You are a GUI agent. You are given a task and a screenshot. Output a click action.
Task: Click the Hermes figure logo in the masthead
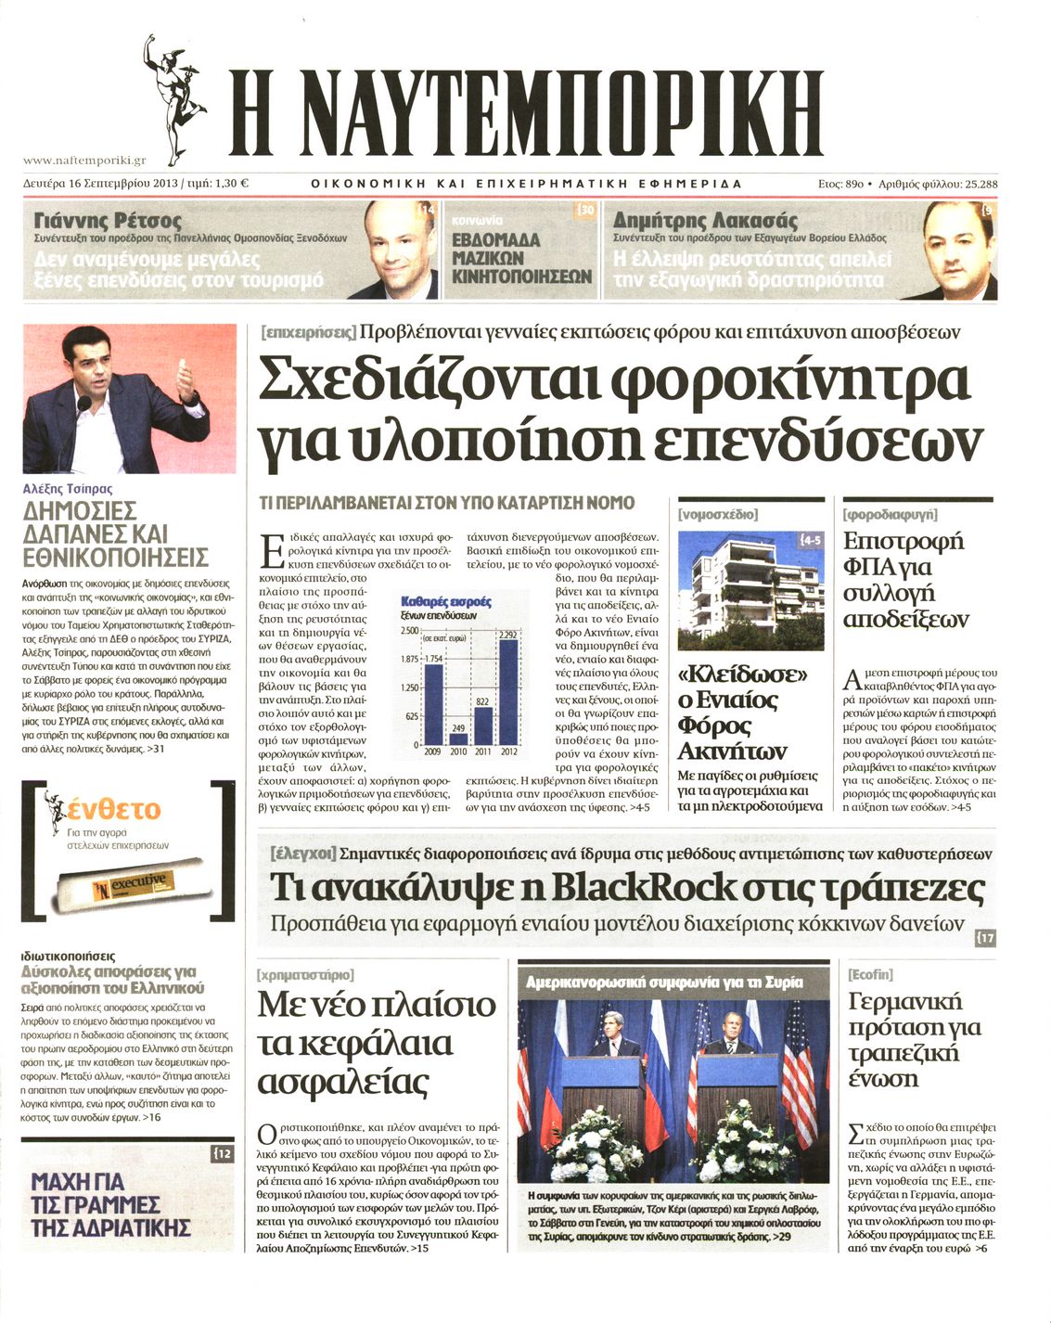coord(175,98)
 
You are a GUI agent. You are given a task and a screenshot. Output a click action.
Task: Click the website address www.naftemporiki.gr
coord(83,161)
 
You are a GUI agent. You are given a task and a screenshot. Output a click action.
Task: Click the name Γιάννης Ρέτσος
coord(108,221)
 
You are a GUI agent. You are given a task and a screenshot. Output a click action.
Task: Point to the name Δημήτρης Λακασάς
coord(705,221)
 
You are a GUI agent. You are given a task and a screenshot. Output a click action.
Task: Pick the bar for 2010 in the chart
coord(457,739)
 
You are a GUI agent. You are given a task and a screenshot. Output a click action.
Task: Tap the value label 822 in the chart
coord(482,702)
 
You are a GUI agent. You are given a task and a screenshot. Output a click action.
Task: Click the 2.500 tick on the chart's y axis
coord(409,631)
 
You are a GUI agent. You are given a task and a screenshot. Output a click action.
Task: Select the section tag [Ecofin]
coord(870,974)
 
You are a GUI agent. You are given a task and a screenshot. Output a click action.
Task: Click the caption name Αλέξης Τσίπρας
coord(67,488)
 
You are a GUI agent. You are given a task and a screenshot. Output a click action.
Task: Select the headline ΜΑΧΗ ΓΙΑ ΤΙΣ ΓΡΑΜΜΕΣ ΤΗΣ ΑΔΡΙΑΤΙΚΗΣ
coord(109,1204)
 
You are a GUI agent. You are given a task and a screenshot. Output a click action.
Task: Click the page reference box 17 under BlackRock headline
coord(985,938)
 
